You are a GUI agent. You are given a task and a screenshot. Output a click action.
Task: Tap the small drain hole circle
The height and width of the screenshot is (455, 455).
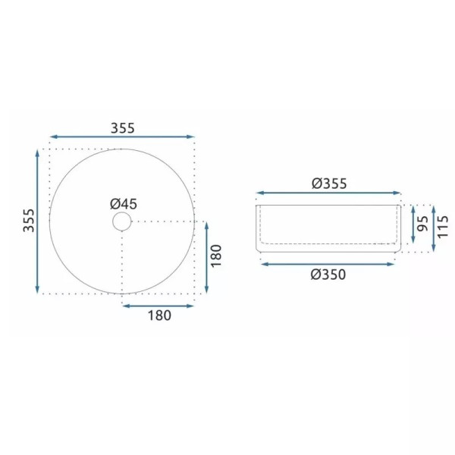click(121, 221)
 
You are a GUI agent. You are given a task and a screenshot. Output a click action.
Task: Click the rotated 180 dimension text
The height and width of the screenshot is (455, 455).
click(215, 255)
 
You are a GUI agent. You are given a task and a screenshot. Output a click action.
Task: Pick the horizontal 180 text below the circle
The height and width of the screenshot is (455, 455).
click(158, 315)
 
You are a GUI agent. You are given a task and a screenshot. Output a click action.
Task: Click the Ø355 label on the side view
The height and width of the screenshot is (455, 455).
click(328, 183)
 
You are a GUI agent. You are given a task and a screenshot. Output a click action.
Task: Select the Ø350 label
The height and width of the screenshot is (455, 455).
click(328, 275)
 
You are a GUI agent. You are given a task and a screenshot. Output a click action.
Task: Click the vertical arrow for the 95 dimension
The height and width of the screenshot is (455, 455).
click(412, 225)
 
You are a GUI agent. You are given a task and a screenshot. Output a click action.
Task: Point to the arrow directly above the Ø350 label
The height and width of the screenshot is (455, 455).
click(328, 264)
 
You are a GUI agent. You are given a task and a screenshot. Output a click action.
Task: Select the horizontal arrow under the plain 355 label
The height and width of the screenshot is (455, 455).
click(121, 138)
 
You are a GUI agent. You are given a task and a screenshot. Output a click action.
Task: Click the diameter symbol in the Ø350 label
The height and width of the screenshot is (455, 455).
click(315, 275)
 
